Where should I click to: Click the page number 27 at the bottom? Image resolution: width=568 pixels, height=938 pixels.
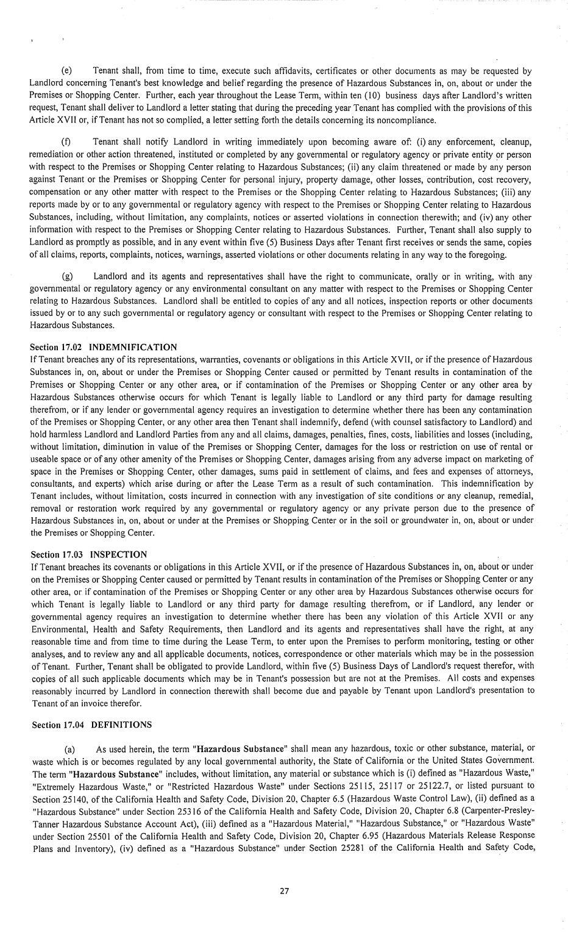click(x=284, y=890)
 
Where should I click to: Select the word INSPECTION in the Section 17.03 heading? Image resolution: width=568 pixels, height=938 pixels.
click(x=118, y=554)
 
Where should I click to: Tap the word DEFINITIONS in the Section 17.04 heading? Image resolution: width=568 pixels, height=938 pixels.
click(x=121, y=725)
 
